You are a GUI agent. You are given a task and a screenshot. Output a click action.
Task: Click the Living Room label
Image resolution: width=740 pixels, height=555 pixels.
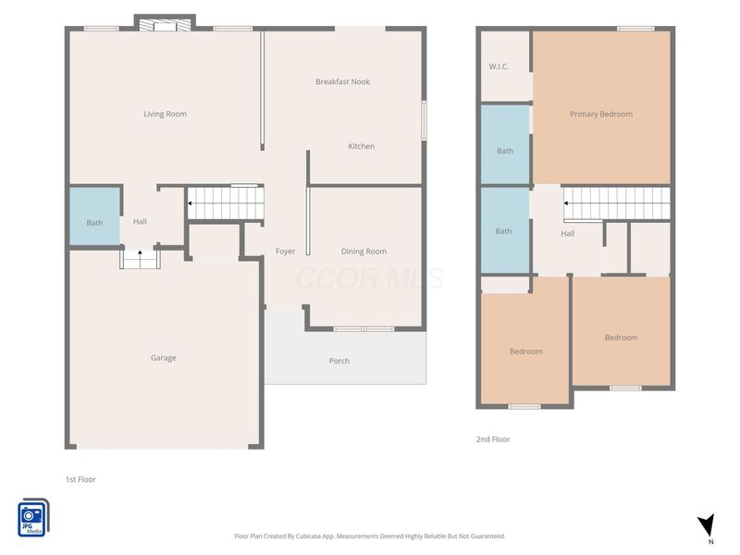click(x=166, y=114)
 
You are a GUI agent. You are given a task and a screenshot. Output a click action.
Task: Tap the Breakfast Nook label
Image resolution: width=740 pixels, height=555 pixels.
click(x=342, y=81)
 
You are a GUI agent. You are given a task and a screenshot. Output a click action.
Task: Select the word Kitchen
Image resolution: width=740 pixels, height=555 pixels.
click(x=362, y=146)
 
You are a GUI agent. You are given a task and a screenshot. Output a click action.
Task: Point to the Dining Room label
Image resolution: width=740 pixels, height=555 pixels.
click(x=364, y=252)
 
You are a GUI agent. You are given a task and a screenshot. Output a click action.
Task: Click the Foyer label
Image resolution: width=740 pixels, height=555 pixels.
click(x=286, y=252)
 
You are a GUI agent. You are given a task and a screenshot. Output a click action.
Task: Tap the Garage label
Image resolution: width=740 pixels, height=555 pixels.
click(x=164, y=358)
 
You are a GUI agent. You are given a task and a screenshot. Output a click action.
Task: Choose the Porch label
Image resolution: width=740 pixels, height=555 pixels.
click(x=339, y=361)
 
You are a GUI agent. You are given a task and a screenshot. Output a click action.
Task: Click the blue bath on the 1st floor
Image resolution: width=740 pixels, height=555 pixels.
click(x=94, y=217)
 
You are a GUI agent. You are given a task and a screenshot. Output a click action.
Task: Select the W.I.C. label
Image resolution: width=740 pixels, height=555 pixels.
click(x=499, y=67)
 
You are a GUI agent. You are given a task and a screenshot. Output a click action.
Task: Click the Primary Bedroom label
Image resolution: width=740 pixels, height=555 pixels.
click(x=601, y=114)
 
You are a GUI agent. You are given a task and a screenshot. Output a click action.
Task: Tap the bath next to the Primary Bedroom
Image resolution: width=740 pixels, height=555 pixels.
click(x=505, y=144)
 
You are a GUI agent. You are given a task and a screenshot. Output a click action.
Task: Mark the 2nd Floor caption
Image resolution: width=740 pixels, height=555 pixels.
click(x=493, y=439)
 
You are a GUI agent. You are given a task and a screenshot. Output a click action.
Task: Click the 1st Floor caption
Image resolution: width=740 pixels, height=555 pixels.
click(x=80, y=479)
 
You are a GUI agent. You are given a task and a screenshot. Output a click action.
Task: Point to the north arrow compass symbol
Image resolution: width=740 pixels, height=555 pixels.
click(x=707, y=526)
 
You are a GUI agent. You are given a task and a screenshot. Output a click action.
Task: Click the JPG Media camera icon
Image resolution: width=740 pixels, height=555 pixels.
click(x=33, y=518)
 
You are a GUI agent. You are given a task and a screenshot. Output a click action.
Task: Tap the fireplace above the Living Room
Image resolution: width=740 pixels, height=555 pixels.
click(x=165, y=24)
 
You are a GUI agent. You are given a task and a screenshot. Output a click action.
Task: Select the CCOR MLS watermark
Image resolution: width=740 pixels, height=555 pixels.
click(x=370, y=278)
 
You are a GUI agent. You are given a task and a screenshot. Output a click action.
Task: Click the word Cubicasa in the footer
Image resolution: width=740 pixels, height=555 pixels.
click(x=309, y=536)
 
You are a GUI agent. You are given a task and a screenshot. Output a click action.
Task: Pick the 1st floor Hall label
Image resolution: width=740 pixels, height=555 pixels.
click(x=140, y=221)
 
